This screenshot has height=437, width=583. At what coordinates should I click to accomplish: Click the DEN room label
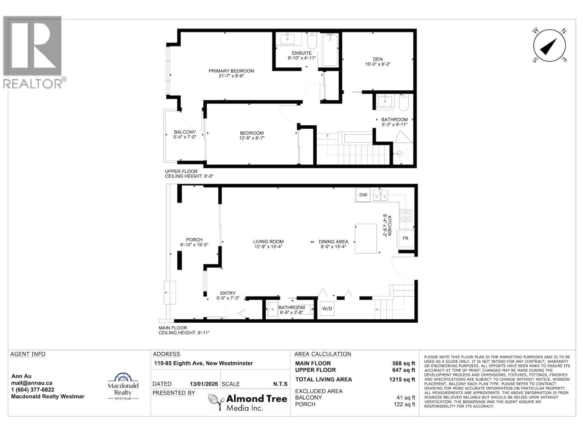click(377, 59)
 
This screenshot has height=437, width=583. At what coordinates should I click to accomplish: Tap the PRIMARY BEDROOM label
click(231, 71)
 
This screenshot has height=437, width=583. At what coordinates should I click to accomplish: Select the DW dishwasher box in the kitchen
click(363, 195)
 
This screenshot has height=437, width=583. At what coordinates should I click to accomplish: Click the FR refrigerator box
click(405, 238)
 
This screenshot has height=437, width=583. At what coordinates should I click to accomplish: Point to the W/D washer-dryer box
click(327, 309)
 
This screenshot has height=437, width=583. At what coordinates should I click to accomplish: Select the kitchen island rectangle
click(366, 239)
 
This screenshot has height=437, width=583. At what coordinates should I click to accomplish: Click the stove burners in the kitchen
click(406, 216)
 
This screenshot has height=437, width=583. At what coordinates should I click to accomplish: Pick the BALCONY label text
click(185, 132)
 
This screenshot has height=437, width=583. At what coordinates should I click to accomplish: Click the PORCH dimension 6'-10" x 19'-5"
click(194, 245)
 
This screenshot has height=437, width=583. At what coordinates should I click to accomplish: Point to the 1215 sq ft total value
click(402, 379)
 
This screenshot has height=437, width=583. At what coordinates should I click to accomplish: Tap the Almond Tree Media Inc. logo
click(248, 402)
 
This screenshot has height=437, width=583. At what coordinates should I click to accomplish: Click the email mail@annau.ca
click(32, 383)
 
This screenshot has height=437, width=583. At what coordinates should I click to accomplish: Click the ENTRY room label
click(228, 293)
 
